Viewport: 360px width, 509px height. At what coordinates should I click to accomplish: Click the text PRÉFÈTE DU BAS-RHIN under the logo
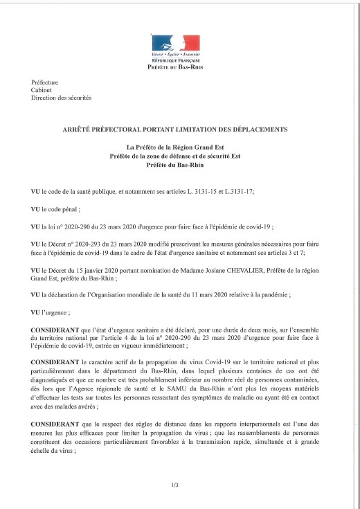point(175,68)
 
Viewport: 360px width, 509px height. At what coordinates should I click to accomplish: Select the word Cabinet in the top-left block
point(41,90)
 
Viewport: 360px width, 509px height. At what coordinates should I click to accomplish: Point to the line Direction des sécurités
point(61,98)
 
